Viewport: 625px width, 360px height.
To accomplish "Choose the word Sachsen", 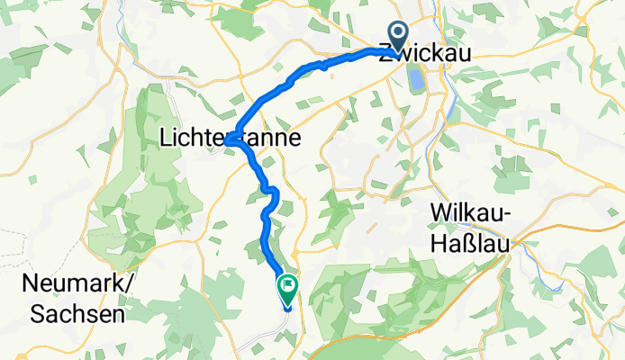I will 76,313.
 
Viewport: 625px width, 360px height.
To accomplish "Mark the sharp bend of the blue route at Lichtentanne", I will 230,139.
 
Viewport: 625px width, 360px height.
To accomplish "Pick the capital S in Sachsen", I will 37,313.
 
